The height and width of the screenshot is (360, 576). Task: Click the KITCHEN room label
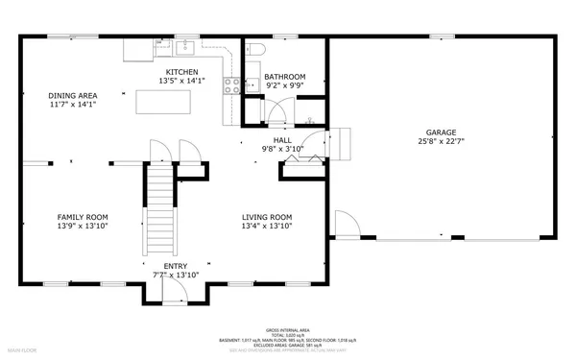[x=181, y=73]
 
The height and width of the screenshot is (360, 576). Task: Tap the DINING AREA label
[x=72, y=95]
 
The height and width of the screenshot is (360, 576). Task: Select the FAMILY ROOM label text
[x=83, y=217]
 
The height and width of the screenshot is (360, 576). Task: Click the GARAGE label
[x=442, y=132]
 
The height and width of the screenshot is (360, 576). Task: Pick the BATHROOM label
[x=284, y=77]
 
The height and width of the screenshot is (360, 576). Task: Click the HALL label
[x=282, y=140]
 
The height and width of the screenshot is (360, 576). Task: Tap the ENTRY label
[x=175, y=266]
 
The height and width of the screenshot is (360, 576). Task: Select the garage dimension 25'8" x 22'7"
[x=442, y=142]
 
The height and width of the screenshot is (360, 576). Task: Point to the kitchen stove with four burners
[x=231, y=86]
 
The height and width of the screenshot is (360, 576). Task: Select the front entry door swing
[x=175, y=291]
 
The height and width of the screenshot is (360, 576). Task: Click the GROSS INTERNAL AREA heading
[x=287, y=327]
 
